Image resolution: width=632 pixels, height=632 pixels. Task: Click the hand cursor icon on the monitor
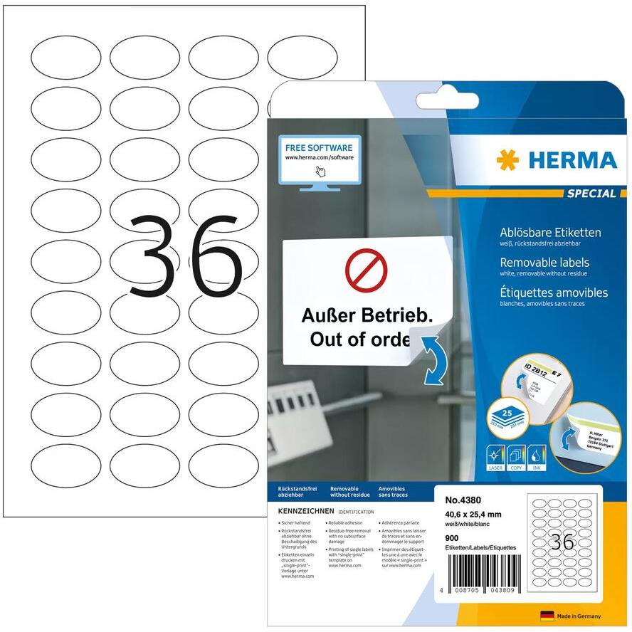[x=320, y=172]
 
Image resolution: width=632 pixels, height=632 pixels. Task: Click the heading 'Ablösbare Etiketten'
[x=542, y=232]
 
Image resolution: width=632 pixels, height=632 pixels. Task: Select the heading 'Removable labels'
[x=536, y=263]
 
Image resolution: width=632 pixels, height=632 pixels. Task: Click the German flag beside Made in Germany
[x=547, y=616]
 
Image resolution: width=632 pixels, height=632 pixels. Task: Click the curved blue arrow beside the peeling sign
[x=430, y=359]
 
